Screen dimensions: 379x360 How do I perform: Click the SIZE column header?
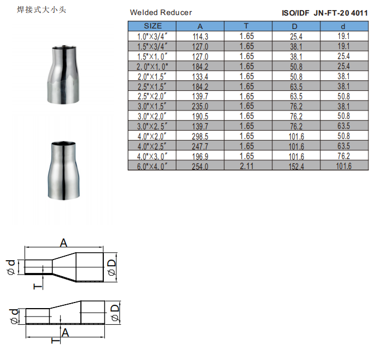(x=153, y=26)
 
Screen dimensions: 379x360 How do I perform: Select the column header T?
(x=246, y=26)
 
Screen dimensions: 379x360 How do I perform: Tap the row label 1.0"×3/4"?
(x=152, y=36)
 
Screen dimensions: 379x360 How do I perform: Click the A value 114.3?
(x=200, y=36)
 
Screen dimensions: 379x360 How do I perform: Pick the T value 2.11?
(x=247, y=166)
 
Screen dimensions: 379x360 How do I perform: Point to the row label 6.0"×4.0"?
(x=152, y=166)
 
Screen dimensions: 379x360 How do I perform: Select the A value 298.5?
(x=200, y=136)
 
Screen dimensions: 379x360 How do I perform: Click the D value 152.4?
(x=296, y=166)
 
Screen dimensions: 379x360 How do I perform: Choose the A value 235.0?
(x=200, y=107)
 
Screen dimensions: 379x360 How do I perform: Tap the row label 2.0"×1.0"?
(x=152, y=66)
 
